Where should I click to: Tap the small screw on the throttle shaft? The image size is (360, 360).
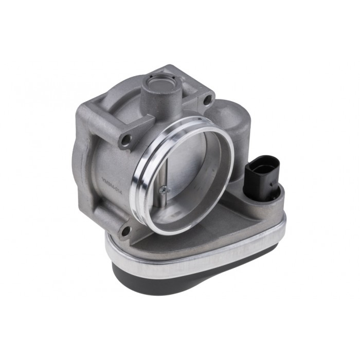click(163, 191)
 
